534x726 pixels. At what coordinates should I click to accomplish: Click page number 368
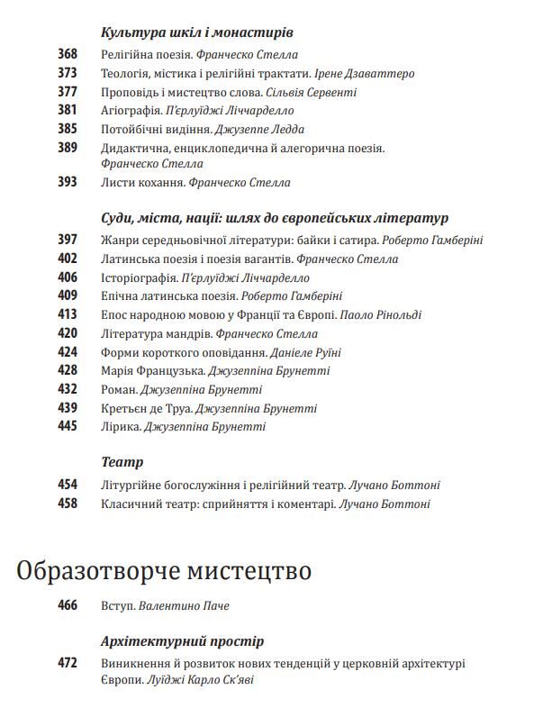click(68, 54)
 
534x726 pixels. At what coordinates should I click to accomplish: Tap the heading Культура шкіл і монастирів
click(197, 32)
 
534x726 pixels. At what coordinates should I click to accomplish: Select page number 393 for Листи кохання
click(68, 182)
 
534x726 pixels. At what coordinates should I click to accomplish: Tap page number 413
click(68, 315)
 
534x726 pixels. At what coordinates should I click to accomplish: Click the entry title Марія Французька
click(153, 370)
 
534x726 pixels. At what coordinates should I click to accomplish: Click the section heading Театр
click(122, 462)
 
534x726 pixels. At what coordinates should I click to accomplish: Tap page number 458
click(68, 504)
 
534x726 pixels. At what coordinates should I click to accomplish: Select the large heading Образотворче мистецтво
click(164, 571)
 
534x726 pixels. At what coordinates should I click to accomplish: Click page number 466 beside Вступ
click(68, 605)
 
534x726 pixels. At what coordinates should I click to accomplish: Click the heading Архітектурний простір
click(183, 641)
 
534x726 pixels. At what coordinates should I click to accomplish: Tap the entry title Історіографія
click(140, 277)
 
